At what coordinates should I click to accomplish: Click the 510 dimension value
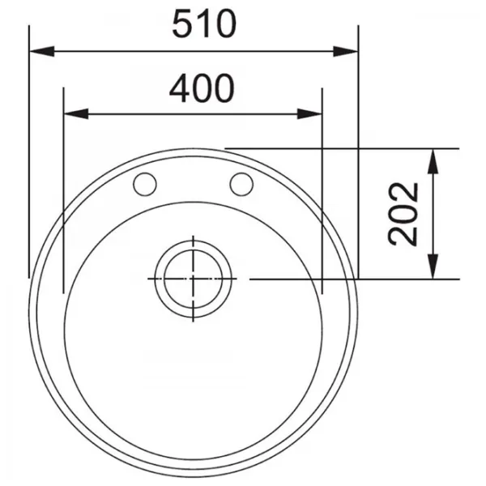click(204, 24)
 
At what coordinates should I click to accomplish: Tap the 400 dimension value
click(202, 88)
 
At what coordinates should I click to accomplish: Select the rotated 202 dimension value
click(403, 214)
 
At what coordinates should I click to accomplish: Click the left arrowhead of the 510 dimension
click(42, 52)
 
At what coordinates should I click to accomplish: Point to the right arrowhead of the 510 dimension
click(346, 52)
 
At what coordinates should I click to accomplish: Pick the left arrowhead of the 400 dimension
click(76, 113)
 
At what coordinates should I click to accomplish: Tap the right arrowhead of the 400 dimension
click(309, 113)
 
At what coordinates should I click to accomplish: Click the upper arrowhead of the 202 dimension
click(433, 161)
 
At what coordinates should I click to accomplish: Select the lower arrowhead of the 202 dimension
click(433, 266)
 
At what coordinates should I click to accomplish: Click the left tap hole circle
click(145, 185)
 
